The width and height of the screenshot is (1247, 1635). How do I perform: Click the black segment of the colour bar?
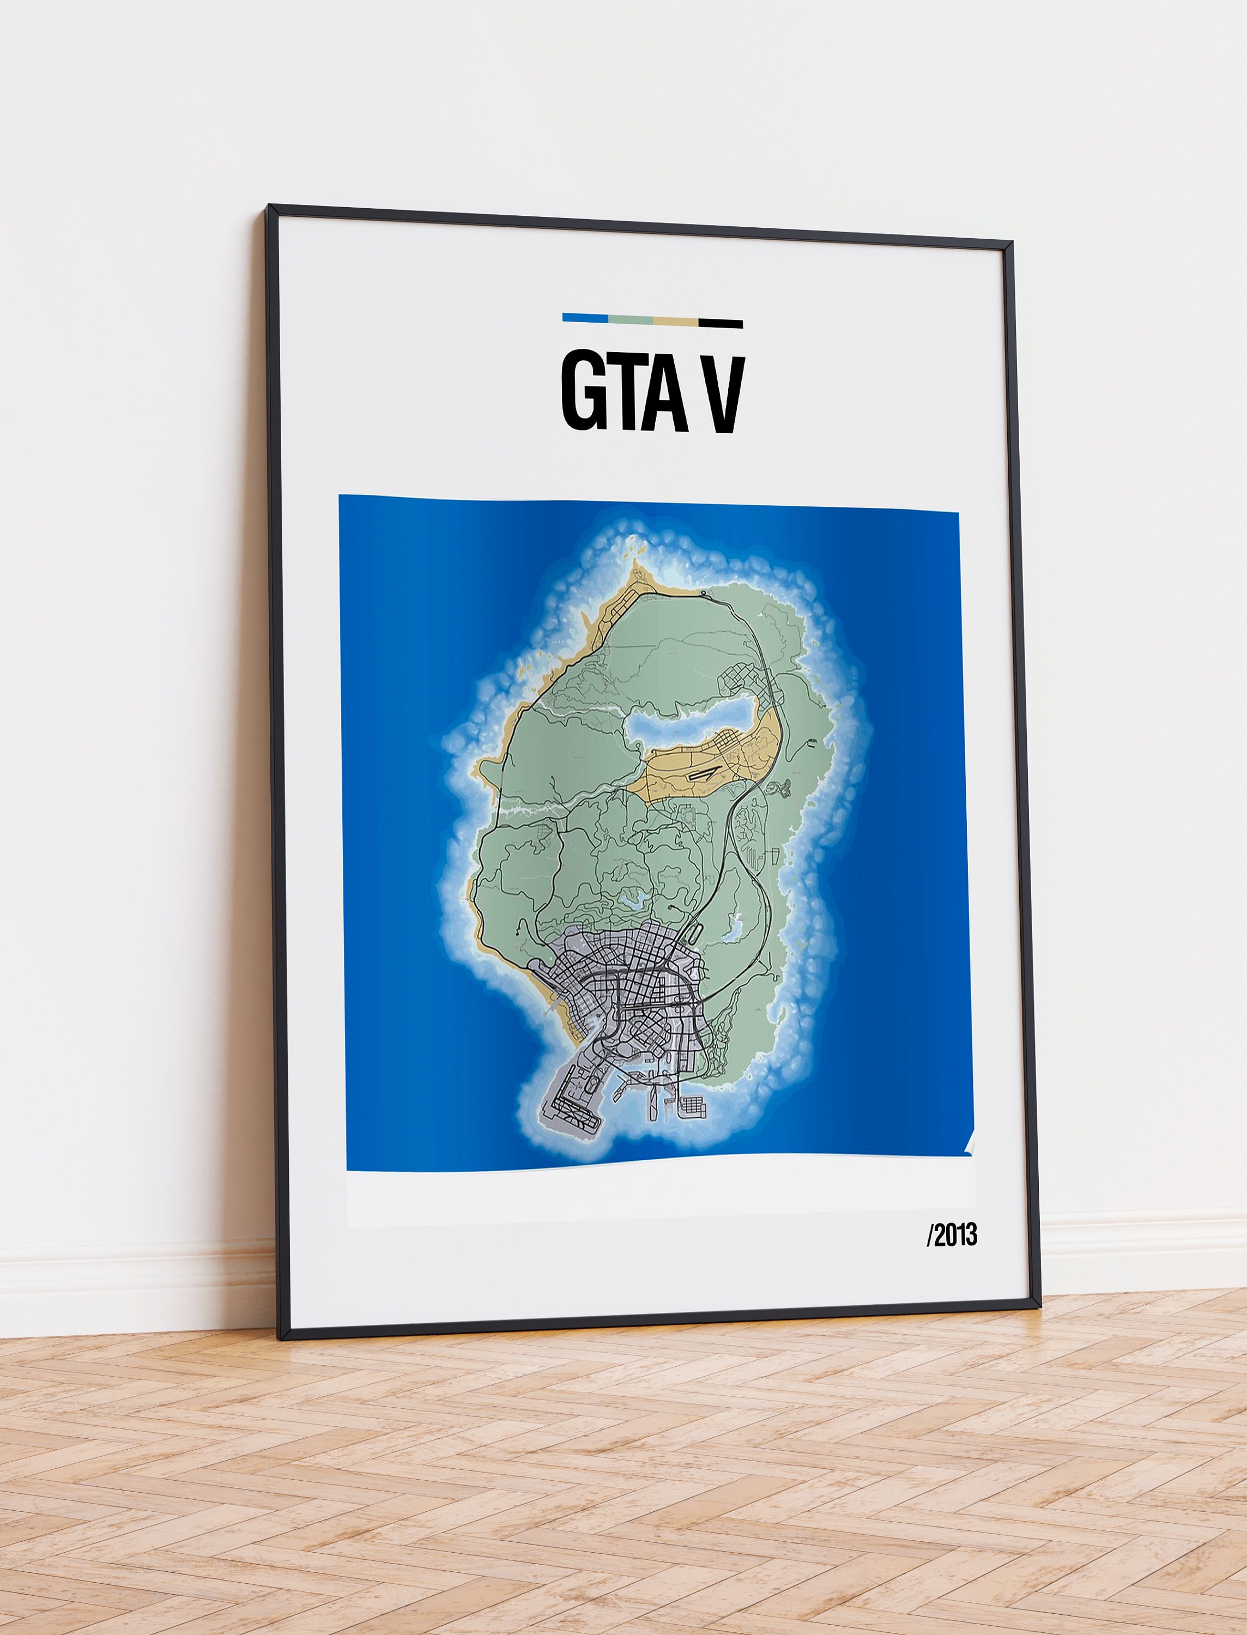pyautogui.click(x=720, y=323)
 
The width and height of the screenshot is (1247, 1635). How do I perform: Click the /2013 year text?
pyautogui.click(x=952, y=1235)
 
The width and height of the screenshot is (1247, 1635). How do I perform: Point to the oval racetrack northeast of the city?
pyautogui.click(x=691, y=934)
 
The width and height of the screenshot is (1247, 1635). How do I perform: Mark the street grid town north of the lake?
pyautogui.click(x=743, y=675)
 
